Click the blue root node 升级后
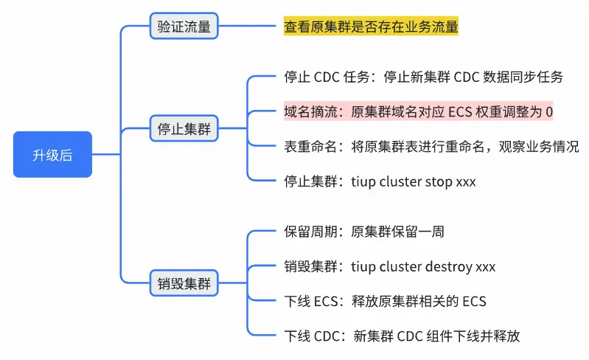click(52, 155)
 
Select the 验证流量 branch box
click(184, 27)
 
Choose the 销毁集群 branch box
click(184, 283)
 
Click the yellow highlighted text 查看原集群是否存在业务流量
click(371, 27)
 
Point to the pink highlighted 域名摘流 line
click(418, 111)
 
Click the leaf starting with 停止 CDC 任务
click(423, 77)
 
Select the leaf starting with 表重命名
click(431, 146)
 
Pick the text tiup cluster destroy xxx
click(423, 266)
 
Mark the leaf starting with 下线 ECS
click(385, 301)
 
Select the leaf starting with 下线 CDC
click(402, 336)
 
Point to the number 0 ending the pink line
click(548, 111)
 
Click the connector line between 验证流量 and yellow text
click(250, 27)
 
